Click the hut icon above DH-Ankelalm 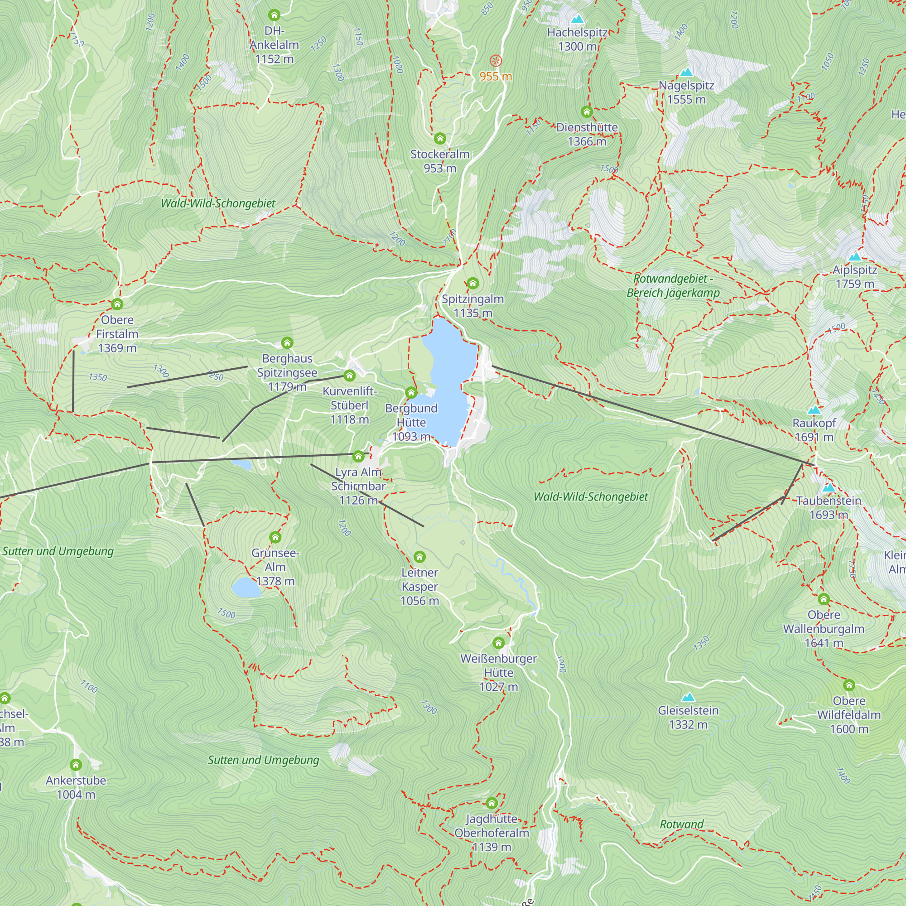tap(275, 15)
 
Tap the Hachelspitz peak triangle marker tap(577, 19)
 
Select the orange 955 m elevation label tap(496, 76)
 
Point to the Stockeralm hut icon tap(439, 138)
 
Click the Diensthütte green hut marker tap(587, 111)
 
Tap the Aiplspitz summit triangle tap(854, 256)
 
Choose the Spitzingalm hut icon tap(472, 283)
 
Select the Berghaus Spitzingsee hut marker tap(287, 343)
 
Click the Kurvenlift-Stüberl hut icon tap(349, 375)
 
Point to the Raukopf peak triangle tap(814, 410)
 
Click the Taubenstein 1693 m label tap(829, 507)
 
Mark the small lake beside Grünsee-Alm tap(246, 587)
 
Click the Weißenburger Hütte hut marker tap(498, 642)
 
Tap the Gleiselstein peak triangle tap(688, 697)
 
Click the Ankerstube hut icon tap(76, 765)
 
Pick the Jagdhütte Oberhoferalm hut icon tap(492, 803)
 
